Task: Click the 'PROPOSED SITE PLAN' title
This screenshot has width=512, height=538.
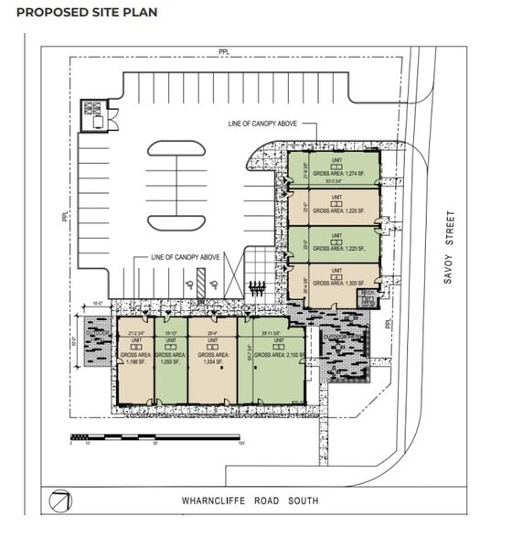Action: click(87, 13)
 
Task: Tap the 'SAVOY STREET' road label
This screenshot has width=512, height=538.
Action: click(449, 247)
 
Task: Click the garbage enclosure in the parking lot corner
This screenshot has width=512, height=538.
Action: click(95, 115)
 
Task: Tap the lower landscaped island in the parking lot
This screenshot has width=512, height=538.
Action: click(176, 221)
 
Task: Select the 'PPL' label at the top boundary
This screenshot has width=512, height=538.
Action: click(223, 52)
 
